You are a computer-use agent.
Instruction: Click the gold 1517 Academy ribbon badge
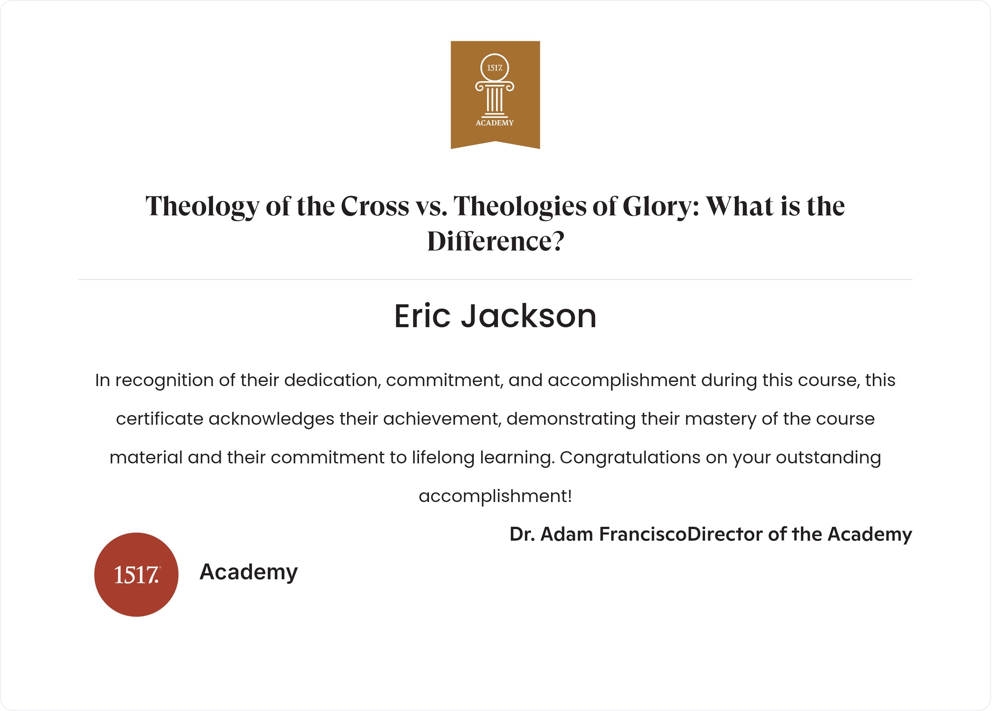(x=495, y=94)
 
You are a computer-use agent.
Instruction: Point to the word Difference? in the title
(x=496, y=241)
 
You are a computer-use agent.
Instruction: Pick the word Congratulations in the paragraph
(x=630, y=458)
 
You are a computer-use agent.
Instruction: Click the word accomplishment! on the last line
(x=495, y=496)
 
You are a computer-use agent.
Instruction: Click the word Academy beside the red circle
(x=248, y=572)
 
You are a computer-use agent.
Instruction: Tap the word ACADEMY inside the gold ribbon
(x=495, y=123)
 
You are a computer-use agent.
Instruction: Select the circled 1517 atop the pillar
(x=495, y=68)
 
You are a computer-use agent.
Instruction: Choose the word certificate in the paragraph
(x=160, y=419)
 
